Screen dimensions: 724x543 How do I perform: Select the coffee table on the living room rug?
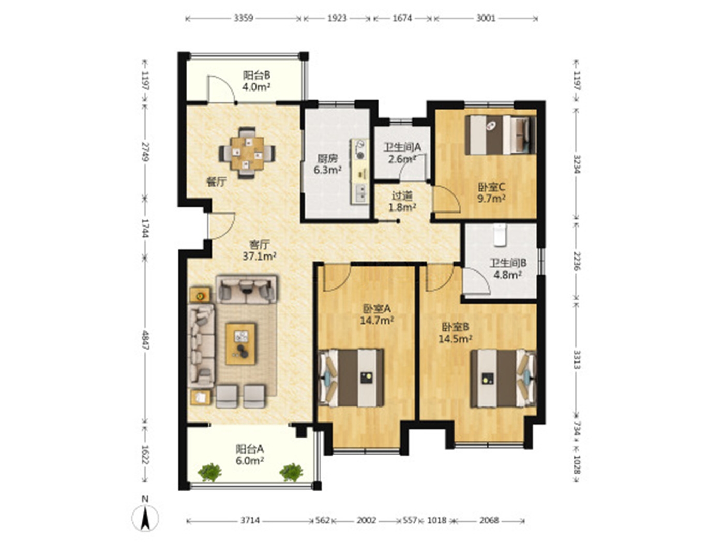point(240,343)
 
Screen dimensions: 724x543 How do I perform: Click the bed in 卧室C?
point(500,134)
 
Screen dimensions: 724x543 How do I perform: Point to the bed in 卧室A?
point(351,378)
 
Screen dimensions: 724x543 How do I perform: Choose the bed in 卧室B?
point(503,378)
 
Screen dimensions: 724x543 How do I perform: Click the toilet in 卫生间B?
point(500,235)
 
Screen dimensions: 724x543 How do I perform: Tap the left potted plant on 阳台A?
point(210,472)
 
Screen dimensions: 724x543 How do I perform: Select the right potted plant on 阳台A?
point(291,472)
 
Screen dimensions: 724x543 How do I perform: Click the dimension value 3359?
point(244,18)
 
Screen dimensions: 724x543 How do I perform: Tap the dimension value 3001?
point(486,18)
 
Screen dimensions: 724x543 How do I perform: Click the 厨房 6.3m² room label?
point(327,164)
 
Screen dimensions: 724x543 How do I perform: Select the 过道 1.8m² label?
point(402,202)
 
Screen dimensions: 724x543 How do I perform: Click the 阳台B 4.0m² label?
point(257,81)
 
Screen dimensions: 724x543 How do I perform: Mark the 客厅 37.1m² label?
point(259,250)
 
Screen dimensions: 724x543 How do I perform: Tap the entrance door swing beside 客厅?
point(221,226)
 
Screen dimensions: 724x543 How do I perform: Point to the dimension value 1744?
point(145,228)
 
